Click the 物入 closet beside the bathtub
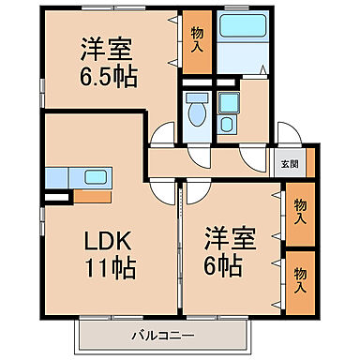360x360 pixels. click(x=197, y=41)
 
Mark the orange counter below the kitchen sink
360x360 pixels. click(x=92, y=197)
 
